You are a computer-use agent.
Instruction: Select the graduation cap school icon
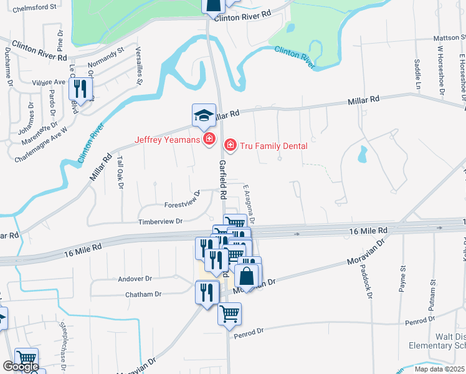click(x=204, y=117)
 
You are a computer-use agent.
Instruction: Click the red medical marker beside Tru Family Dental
click(x=230, y=145)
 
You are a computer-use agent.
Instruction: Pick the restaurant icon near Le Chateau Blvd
click(x=80, y=89)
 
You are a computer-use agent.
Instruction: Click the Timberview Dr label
click(x=161, y=221)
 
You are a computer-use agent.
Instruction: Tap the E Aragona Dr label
click(x=250, y=204)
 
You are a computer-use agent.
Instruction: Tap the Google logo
click(x=21, y=367)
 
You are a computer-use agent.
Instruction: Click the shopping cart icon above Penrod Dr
click(x=229, y=314)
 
